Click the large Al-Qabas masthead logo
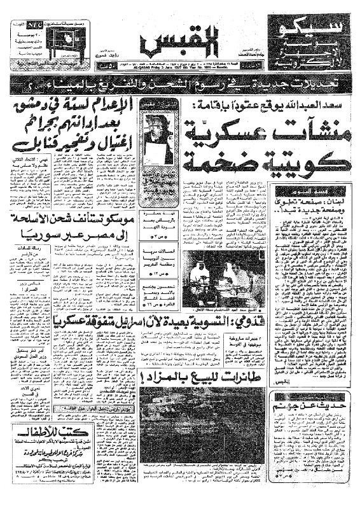180,41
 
